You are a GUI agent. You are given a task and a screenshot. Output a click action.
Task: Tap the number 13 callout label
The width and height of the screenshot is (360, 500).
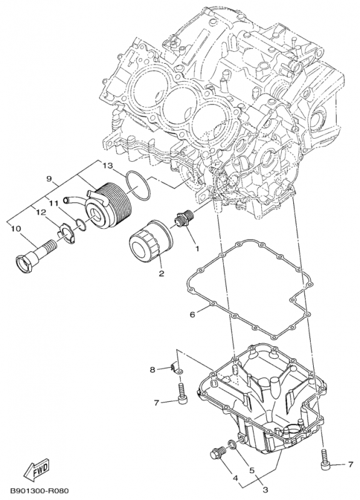[x=107, y=166]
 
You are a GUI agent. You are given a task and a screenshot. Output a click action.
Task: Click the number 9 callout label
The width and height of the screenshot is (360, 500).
[x=49, y=177]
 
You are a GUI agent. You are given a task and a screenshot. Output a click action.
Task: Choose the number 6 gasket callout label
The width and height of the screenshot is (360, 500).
[x=193, y=314]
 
